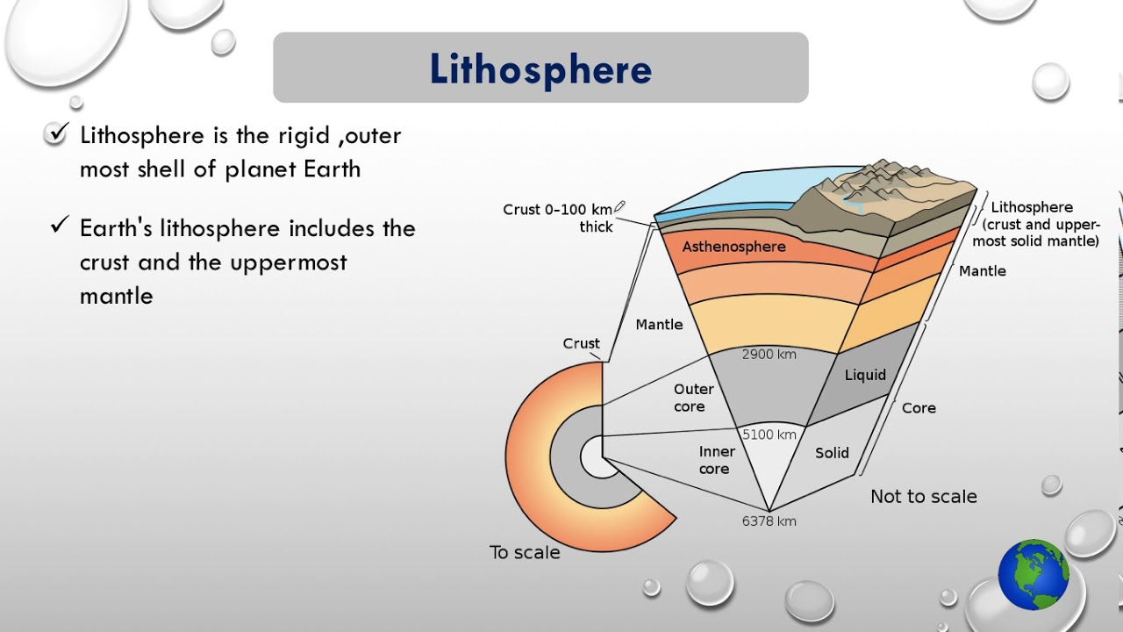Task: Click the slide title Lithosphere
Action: [x=540, y=69]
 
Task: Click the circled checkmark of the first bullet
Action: [x=56, y=134]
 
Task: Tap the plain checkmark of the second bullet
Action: [x=59, y=226]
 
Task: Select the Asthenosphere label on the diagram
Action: [x=733, y=247]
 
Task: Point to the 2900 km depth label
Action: [x=769, y=355]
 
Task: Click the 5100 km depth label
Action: [x=769, y=434]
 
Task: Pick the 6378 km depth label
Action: [x=769, y=521]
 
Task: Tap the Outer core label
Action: [x=693, y=398]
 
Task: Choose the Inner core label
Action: [x=716, y=460]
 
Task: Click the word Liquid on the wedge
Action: [x=864, y=375]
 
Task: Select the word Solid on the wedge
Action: [x=831, y=453]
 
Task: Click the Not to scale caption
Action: [x=923, y=497]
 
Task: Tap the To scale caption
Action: [x=524, y=552]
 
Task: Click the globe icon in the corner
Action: [x=1033, y=575]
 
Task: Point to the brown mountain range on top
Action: [x=886, y=184]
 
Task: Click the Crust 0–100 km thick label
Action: [x=558, y=218]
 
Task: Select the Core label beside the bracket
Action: [x=919, y=408]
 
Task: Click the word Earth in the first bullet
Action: [x=332, y=169]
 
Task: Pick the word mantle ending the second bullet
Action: [x=117, y=296]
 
